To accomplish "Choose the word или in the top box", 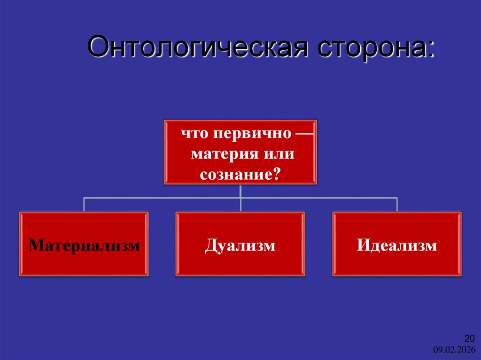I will [279, 154].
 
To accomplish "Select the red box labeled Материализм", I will [84, 244].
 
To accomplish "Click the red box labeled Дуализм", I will [240, 244].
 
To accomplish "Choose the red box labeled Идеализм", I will [397, 244].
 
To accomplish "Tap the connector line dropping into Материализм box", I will [84, 205].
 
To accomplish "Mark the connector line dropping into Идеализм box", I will [397, 205].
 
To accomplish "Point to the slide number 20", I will [470, 339].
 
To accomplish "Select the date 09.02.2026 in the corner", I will [454, 350].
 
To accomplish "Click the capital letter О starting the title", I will [98, 48].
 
